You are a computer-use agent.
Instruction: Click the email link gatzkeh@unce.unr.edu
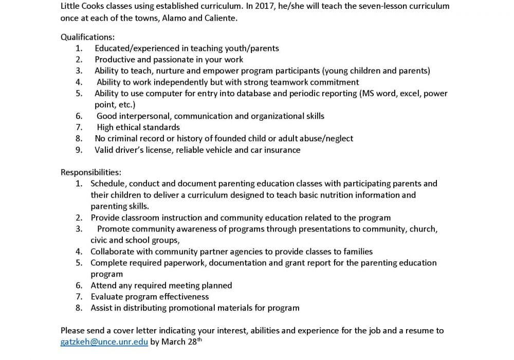(104, 342)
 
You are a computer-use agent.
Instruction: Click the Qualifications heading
(88, 37)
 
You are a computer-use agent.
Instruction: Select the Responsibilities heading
(90, 172)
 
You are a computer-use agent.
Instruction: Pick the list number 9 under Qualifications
(79, 150)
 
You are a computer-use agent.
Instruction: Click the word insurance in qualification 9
(282, 150)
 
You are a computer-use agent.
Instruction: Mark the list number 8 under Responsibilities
(79, 308)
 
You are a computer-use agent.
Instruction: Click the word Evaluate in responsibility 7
(107, 297)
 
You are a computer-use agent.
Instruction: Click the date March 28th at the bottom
(186, 342)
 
